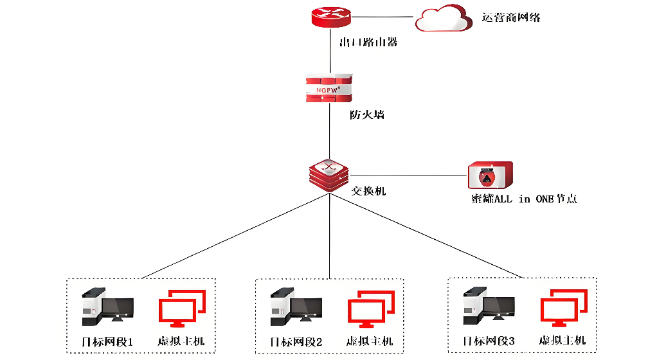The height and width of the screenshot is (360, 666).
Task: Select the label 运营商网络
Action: point(511,17)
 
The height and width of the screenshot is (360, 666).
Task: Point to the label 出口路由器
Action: point(368,42)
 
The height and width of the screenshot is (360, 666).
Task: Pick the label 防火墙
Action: point(367,115)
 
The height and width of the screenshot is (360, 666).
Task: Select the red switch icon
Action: point(328,175)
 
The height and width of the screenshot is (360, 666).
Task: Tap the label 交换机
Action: point(369,191)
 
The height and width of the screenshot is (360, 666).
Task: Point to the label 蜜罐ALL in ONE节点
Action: point(524,199)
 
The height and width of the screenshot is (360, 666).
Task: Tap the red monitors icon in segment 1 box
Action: point(182,309)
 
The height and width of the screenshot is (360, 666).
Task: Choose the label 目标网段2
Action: point(296,341)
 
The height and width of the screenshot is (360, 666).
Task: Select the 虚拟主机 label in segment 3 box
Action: point(562,341)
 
